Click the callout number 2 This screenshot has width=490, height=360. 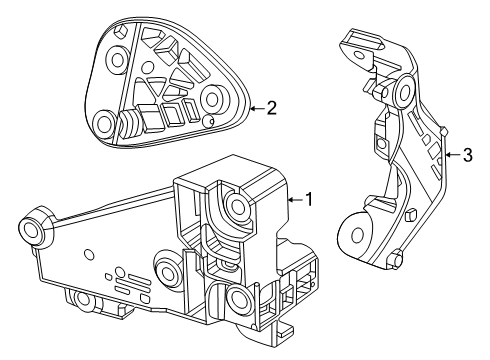[271, 108]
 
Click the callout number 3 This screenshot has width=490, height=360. [466, 155]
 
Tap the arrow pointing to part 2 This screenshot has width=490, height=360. [254, 108]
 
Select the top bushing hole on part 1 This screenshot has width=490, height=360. [240, 206]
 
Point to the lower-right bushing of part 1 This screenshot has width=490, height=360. [237, 297]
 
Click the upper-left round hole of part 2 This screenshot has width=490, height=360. [118, 60]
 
